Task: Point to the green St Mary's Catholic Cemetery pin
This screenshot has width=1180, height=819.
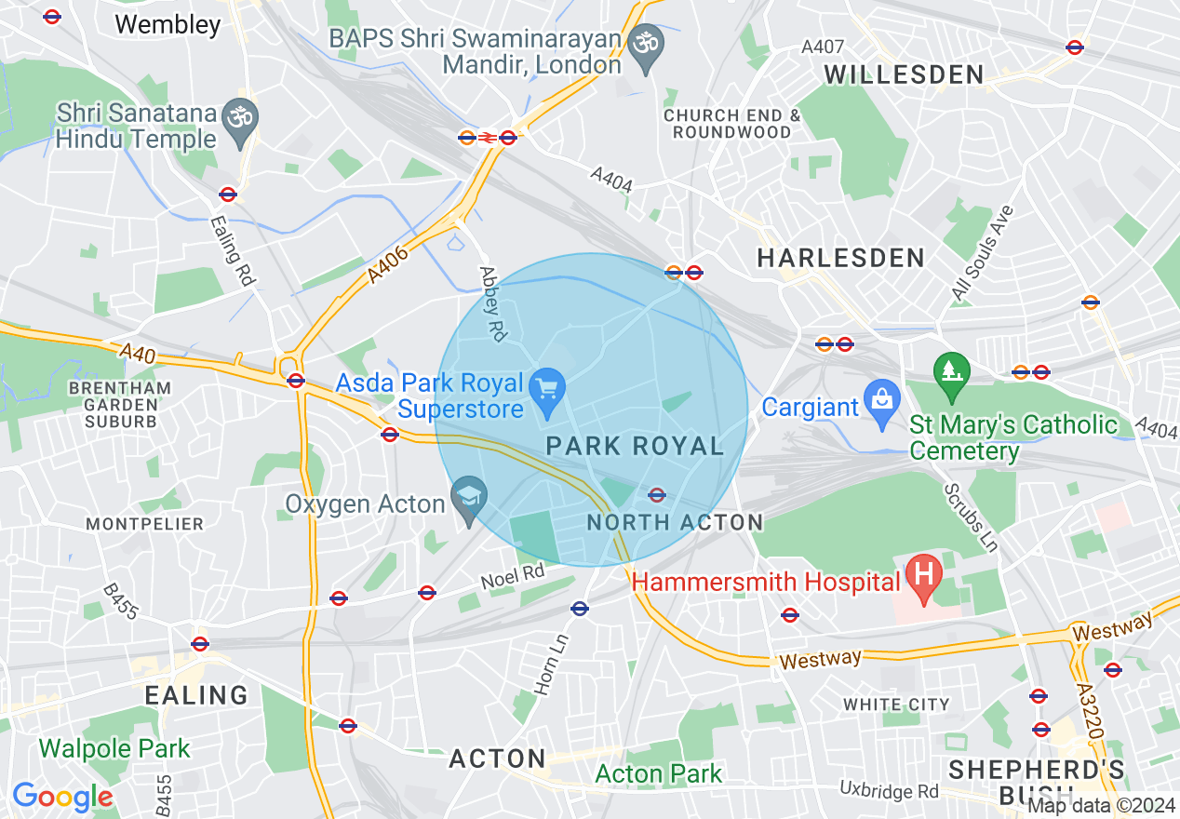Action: click(x=951, y=371)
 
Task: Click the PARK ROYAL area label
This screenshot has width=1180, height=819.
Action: click(x=635, y=446)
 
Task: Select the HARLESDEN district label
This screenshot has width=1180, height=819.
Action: click(x=840, y=258)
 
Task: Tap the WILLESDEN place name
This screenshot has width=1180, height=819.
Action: click(x=904, y=74)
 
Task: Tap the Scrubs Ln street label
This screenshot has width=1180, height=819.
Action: click(x=971, y=517)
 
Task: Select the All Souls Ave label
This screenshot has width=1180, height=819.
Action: click(x=982, y=252)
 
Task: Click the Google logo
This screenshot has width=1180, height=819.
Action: click(x=62, y=797)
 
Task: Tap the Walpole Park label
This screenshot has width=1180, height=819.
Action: click(x=114, y=748)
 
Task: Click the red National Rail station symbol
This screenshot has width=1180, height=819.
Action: click(x=488, y=138)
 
